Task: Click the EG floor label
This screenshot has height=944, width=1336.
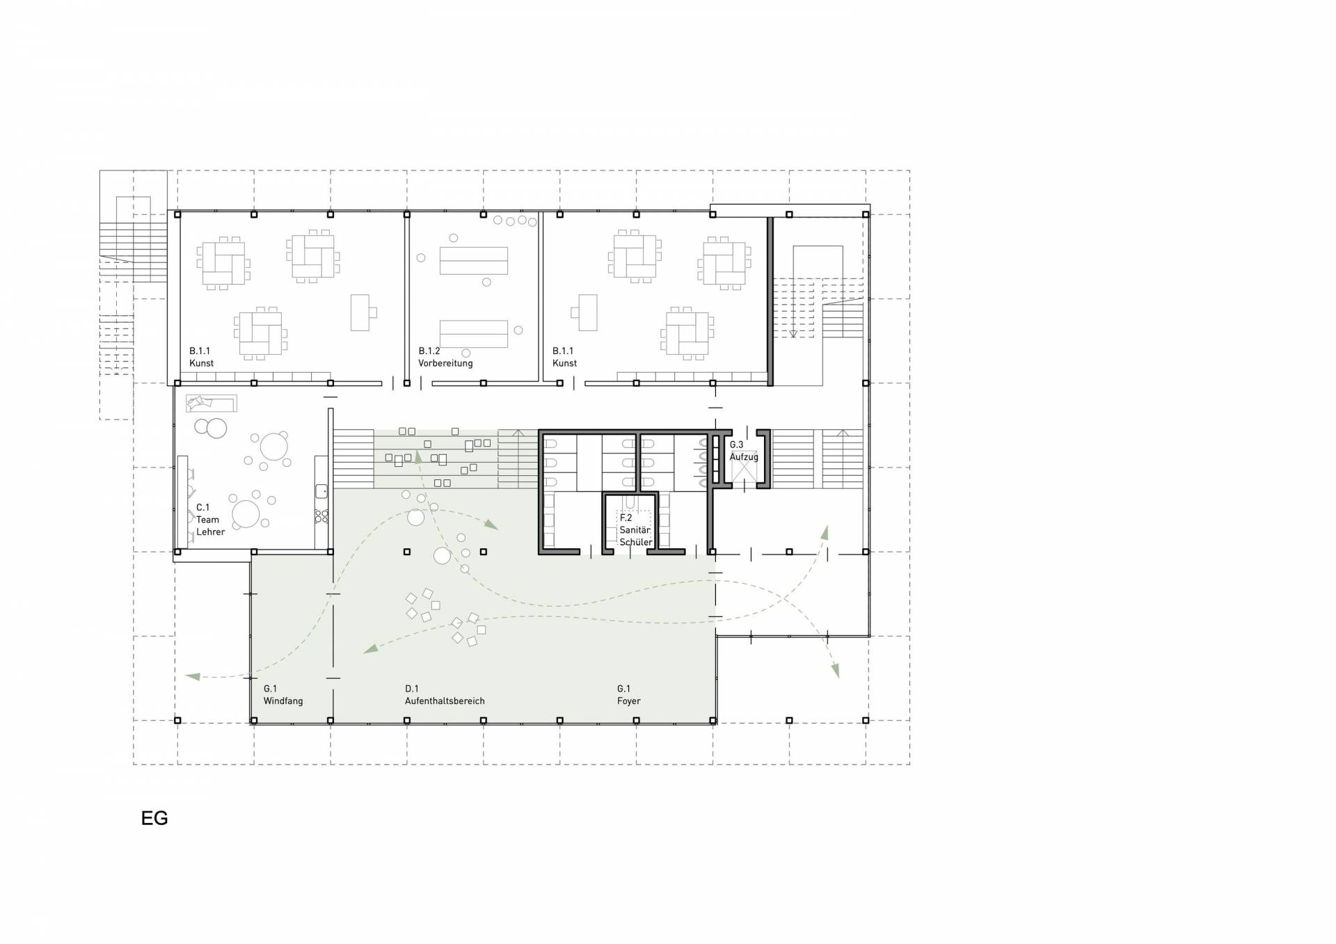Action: click(154, 818)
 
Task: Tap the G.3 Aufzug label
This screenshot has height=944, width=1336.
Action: click(743, 451)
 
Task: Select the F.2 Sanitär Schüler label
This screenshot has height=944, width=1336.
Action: click(635, 530)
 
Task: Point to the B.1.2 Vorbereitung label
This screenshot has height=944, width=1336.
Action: click(445, 357)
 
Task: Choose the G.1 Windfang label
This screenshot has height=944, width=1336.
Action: click(283, 695)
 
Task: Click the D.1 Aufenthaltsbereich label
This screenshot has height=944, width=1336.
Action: click(445, 695)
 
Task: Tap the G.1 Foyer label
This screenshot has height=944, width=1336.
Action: click(628, 695)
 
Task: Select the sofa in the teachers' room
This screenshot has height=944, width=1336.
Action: click(211, 403)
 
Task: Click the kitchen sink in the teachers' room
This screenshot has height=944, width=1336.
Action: click(321, 491)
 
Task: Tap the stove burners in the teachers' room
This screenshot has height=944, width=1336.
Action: click(321, 516)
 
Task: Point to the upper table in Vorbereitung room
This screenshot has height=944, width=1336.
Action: click(473, 261)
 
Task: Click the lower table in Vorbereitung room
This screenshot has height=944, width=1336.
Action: click(473, 334)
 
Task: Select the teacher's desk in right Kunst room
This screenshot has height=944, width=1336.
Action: click(584, 312)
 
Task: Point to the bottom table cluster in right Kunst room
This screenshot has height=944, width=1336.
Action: click(687, 333)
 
